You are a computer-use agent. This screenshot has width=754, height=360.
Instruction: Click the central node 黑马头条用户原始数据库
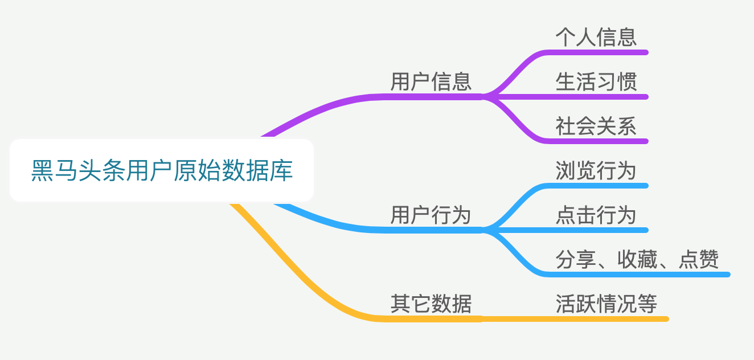tap(162, 170)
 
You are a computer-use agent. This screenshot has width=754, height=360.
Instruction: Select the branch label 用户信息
tap(431, 81)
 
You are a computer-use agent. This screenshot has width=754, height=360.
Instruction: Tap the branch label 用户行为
tap(431, 215)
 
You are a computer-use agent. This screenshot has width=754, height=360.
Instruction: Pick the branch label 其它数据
tap(431, 304)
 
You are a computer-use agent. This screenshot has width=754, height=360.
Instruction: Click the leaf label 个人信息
tap(596, 37)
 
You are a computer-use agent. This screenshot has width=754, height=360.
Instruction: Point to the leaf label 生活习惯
tap(596, 81)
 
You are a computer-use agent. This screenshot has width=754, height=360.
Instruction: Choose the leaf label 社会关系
tap(596, 126)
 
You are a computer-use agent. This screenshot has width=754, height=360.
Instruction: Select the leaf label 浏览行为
tap(596, 170)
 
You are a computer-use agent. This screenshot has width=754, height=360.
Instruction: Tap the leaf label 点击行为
tap(596, 215)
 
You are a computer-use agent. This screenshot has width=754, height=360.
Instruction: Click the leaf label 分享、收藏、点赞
tap(637, 259)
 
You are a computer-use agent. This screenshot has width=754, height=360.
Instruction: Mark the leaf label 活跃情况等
tap(607, 304)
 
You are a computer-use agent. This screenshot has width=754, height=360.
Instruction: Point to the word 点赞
tap(699, 259)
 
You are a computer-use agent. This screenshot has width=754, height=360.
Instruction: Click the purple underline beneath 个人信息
tap(598, 52)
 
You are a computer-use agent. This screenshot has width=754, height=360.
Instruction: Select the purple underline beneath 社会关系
tap(598, 141)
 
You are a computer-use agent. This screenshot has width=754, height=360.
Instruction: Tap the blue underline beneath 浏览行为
tap(598, 186)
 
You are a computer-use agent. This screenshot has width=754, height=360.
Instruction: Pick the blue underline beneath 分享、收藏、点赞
tap(638, 275)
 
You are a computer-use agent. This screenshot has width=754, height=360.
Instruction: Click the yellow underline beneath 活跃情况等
tap(607, 318)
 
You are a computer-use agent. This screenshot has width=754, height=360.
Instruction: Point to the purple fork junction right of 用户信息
tap(484, 96)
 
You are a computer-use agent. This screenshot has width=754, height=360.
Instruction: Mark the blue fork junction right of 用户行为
tap(484, 230)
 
